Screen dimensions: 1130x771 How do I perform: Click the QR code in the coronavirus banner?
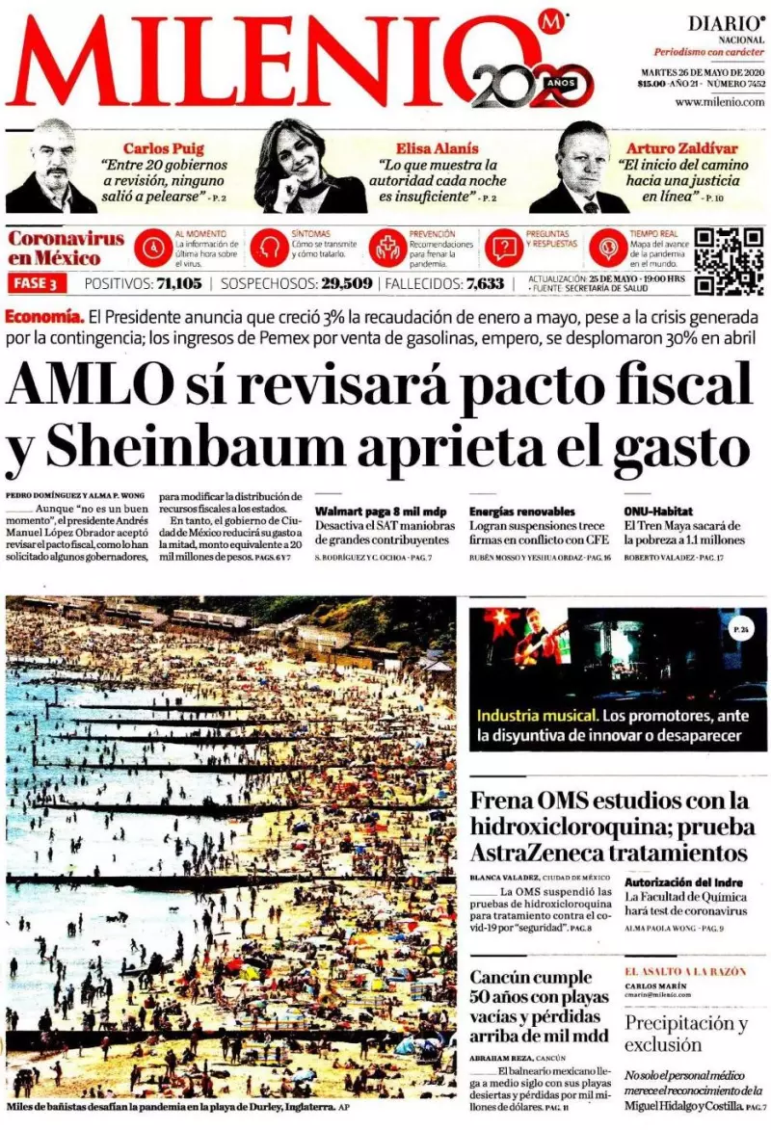point(729,259)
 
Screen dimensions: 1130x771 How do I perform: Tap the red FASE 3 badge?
point(38,283)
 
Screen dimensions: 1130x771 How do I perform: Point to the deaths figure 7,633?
point(485,283)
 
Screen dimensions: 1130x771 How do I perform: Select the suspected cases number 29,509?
point(346,283)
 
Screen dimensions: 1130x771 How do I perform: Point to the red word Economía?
point(42,317)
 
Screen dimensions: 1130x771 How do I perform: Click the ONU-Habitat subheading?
point(658,511)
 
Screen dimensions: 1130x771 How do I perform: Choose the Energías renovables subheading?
point(521,511)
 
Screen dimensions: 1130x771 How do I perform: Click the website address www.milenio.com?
point(720,102)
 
